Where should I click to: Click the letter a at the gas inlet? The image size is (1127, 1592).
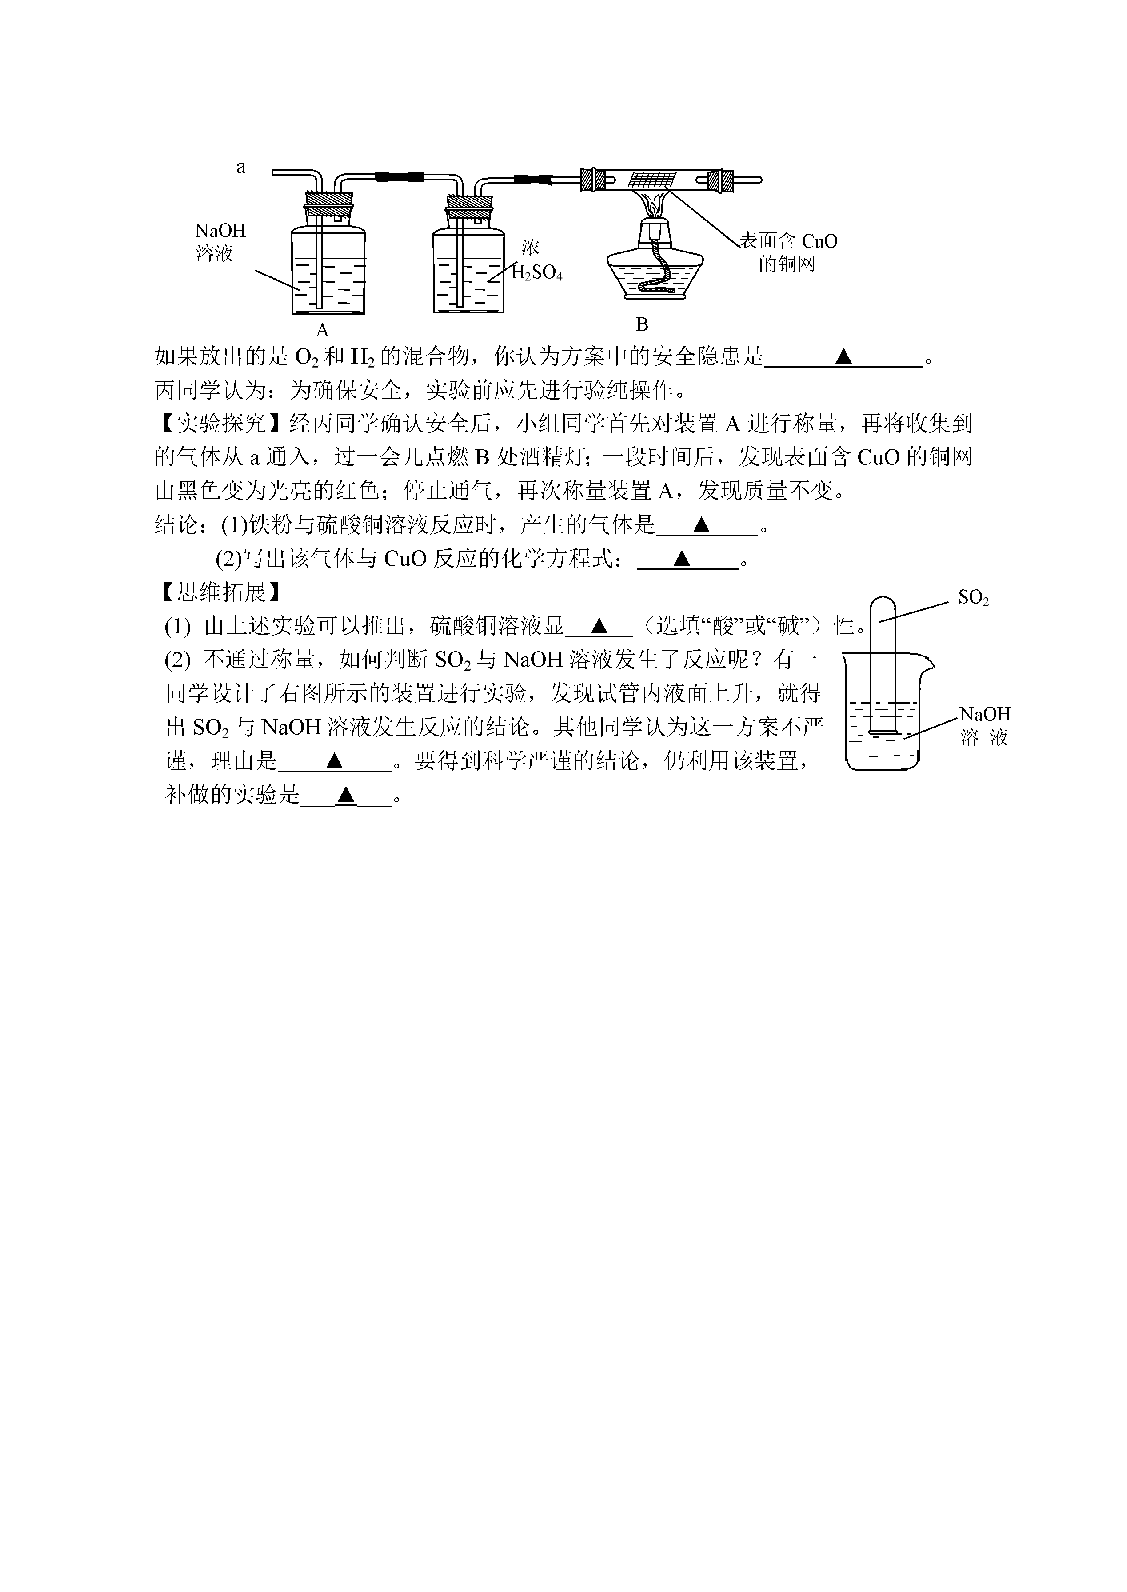[241, 167]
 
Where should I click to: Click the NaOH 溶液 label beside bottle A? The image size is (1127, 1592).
[220, 241]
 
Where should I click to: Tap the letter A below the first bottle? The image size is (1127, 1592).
[322, 330]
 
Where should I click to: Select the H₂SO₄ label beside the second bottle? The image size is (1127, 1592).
[536, 273]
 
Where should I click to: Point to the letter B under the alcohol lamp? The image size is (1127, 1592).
[642, 324]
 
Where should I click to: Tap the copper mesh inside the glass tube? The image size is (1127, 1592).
[650, 180]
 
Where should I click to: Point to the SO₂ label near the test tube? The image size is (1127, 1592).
[973, 597]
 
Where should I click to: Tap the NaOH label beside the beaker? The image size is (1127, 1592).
[985, 714]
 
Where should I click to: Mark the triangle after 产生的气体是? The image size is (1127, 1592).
[702, 524]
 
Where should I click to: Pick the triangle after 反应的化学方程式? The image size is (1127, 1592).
[682, 558]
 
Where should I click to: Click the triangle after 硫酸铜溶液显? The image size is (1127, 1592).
[599, 626]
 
